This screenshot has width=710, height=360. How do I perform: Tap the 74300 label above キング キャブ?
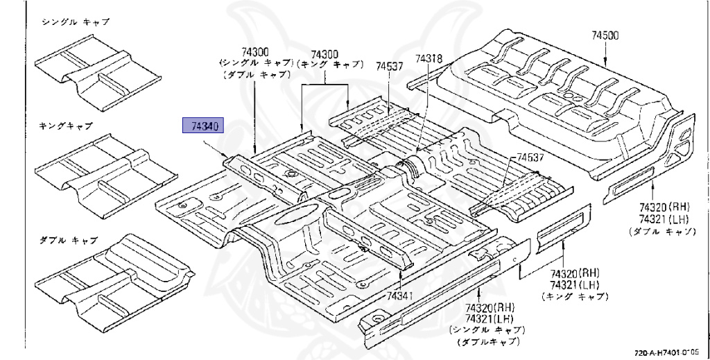[324, 53]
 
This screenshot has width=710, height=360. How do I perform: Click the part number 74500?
[605, 35]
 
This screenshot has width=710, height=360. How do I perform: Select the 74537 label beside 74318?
[390, 67]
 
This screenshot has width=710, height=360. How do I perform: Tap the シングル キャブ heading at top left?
[76, 22]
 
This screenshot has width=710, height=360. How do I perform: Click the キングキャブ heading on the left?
[66, 126]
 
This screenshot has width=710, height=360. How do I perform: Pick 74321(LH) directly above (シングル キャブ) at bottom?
[490, 318]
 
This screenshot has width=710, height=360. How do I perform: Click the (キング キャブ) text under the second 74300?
[330, 64]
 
